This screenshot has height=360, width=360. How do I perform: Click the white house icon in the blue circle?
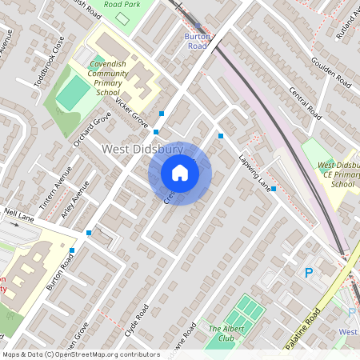point(180,173)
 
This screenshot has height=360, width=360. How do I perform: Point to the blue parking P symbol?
point(309,273)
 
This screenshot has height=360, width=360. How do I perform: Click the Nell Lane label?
point(18,214)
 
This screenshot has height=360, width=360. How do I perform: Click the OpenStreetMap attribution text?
point(80,354)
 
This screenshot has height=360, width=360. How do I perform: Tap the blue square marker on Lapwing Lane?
point(274,189)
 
